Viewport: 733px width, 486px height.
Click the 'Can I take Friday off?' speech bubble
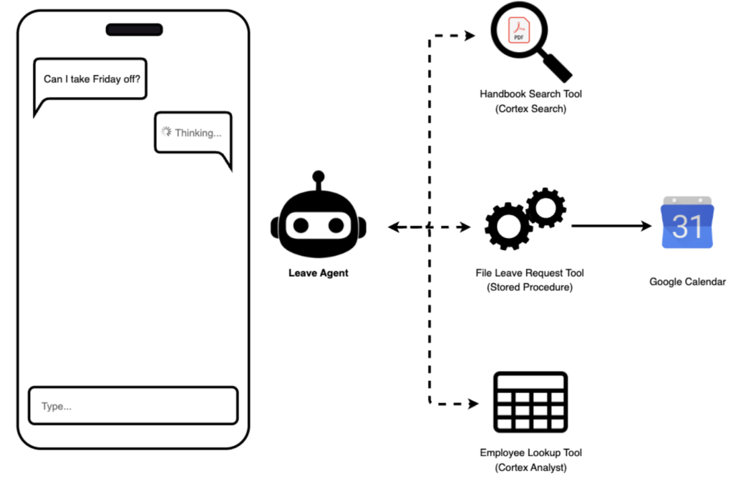(x=91, y=79)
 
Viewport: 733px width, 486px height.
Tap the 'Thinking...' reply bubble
(x=193, y=133)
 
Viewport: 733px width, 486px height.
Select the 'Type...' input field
(x=133, y=406)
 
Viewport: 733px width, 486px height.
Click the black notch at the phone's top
(x=134, y=30)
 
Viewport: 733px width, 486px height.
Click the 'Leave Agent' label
(x=319, y=273)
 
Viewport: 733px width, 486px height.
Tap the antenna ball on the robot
(x=319, y=177)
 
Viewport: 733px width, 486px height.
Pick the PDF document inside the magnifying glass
(x=519, y=30)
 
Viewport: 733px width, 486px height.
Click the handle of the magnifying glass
(x=555, y=68)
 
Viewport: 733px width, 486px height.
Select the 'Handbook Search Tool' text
(x=530, y=94)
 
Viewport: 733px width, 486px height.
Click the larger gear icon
(x=508, y=227)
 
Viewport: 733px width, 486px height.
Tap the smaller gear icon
(x=545, y=208)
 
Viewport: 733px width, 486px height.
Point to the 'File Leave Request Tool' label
(x=530, y=272)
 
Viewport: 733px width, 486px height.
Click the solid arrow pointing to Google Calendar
(x=611, y=226)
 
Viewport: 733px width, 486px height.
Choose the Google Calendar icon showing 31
(x=687, y=223)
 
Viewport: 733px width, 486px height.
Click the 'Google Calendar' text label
(x=687, y=282)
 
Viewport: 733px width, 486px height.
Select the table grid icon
(x=530, y=402)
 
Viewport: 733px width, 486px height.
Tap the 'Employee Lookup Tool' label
(x=530, y=452)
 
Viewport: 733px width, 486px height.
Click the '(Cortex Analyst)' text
(x=530, y=467)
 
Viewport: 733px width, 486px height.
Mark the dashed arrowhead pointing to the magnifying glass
(x=470, y=36)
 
